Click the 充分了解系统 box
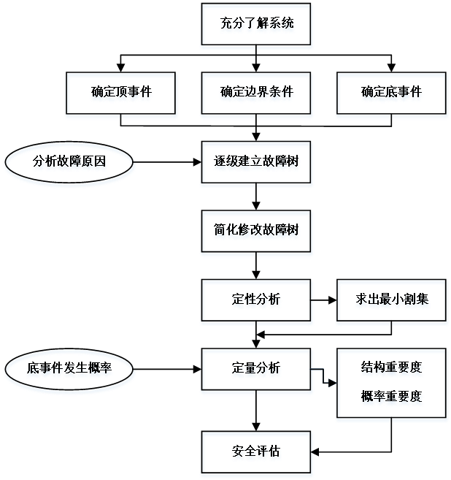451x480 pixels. coord(257,26)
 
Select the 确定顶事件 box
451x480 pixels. coord(121,94)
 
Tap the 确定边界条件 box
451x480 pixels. coord(257,94)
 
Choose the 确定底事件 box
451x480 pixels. coord(392,94)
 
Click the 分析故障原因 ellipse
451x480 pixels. coord(70,163)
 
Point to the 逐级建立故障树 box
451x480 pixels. coord(257,163)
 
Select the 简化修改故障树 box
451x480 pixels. coord(257,232)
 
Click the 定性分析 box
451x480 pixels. coord(257,300)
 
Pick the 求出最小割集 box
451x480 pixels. coord(392,300)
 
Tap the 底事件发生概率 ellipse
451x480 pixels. coord(70,370)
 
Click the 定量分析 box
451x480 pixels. coord(257,370)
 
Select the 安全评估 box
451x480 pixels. coord(257,453)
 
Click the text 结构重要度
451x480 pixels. coord(392,369)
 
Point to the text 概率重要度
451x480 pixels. coord(392,398)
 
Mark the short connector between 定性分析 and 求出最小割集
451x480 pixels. coord(325,300)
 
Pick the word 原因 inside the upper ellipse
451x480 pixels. coord(96,163)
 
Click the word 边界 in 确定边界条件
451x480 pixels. coord(257,94)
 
